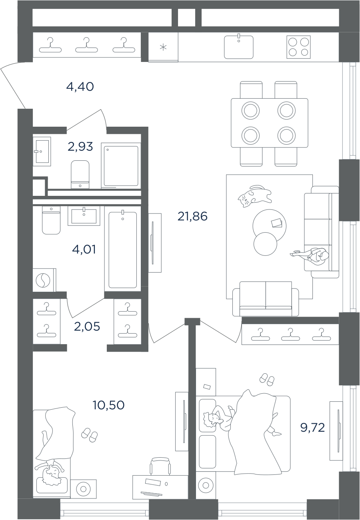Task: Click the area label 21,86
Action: click(192, 217)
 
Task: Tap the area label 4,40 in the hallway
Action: click(80, 87)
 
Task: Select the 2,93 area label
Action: click(80, 147)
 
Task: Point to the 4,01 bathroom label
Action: click(84, 250)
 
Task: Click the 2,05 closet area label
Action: click(87, 327)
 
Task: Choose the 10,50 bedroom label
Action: click(109, 405)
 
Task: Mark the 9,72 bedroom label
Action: click(313, 428)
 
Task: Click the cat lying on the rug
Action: click(254, 196)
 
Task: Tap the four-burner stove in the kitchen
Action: click(298, 47)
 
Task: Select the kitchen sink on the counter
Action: click(239, 47)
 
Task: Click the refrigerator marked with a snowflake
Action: click(163, 47)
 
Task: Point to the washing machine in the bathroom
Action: click(44, 280)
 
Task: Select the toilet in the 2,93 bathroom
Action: click(80, 174)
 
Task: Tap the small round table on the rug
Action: click(265, 244)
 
